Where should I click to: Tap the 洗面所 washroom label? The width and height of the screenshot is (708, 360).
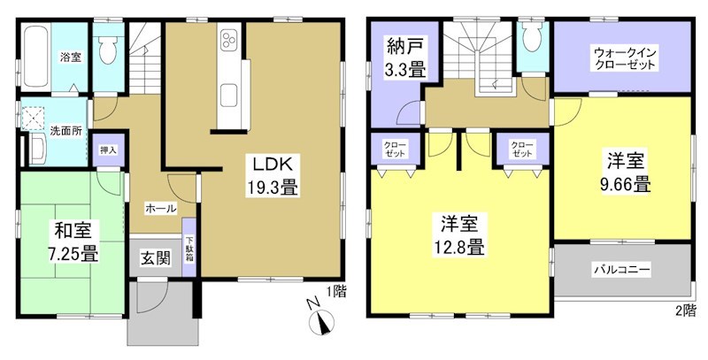click(x=65, y=129)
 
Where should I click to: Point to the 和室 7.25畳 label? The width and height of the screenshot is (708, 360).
click(x=73, y=241)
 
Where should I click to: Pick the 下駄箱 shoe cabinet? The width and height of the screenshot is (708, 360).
click(x=190, y=248)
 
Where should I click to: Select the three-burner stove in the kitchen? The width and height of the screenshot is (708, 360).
click(x=228, y=42)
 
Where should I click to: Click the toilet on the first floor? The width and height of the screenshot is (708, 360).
click(x=110, y=50)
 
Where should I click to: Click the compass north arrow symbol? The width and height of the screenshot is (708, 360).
click(x=319, y=320)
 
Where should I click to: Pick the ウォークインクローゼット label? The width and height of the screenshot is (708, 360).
click(x=624, y=59)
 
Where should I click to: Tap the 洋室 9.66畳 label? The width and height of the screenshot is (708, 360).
click(x=627, y=173)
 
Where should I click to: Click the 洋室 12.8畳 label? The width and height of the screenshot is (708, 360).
click(x=458, y=235)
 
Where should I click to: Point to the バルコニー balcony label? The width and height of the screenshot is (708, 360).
click(x=622, y=268)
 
